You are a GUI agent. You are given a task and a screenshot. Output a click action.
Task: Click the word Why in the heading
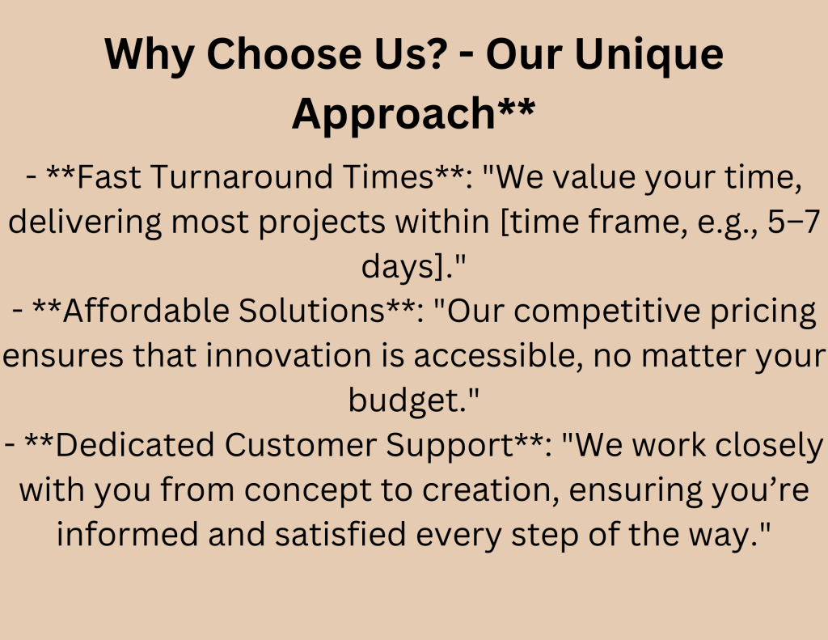150,55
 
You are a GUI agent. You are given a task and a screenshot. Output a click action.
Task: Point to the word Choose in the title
284,54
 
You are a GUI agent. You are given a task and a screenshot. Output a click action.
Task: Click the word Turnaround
242,176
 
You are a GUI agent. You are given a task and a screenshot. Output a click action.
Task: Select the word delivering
85,223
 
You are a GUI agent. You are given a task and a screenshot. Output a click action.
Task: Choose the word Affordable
146,310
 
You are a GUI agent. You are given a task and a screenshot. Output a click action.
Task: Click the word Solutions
311,311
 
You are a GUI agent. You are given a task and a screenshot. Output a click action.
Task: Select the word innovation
289,355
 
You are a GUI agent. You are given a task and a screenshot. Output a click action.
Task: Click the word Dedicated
135,445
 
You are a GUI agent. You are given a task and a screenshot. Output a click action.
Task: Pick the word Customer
300,445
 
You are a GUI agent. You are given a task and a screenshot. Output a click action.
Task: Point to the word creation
488,490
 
